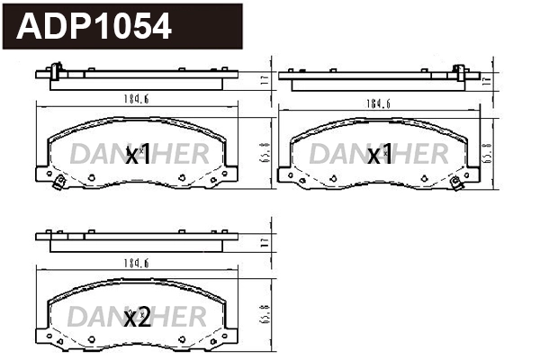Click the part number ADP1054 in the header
(94, 27)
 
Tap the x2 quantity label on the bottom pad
(137, 317)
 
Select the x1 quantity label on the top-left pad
(137, 155)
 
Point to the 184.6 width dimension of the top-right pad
(377, 103)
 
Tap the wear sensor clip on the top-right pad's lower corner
(457, 186)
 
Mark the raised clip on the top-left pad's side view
(57, 69)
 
